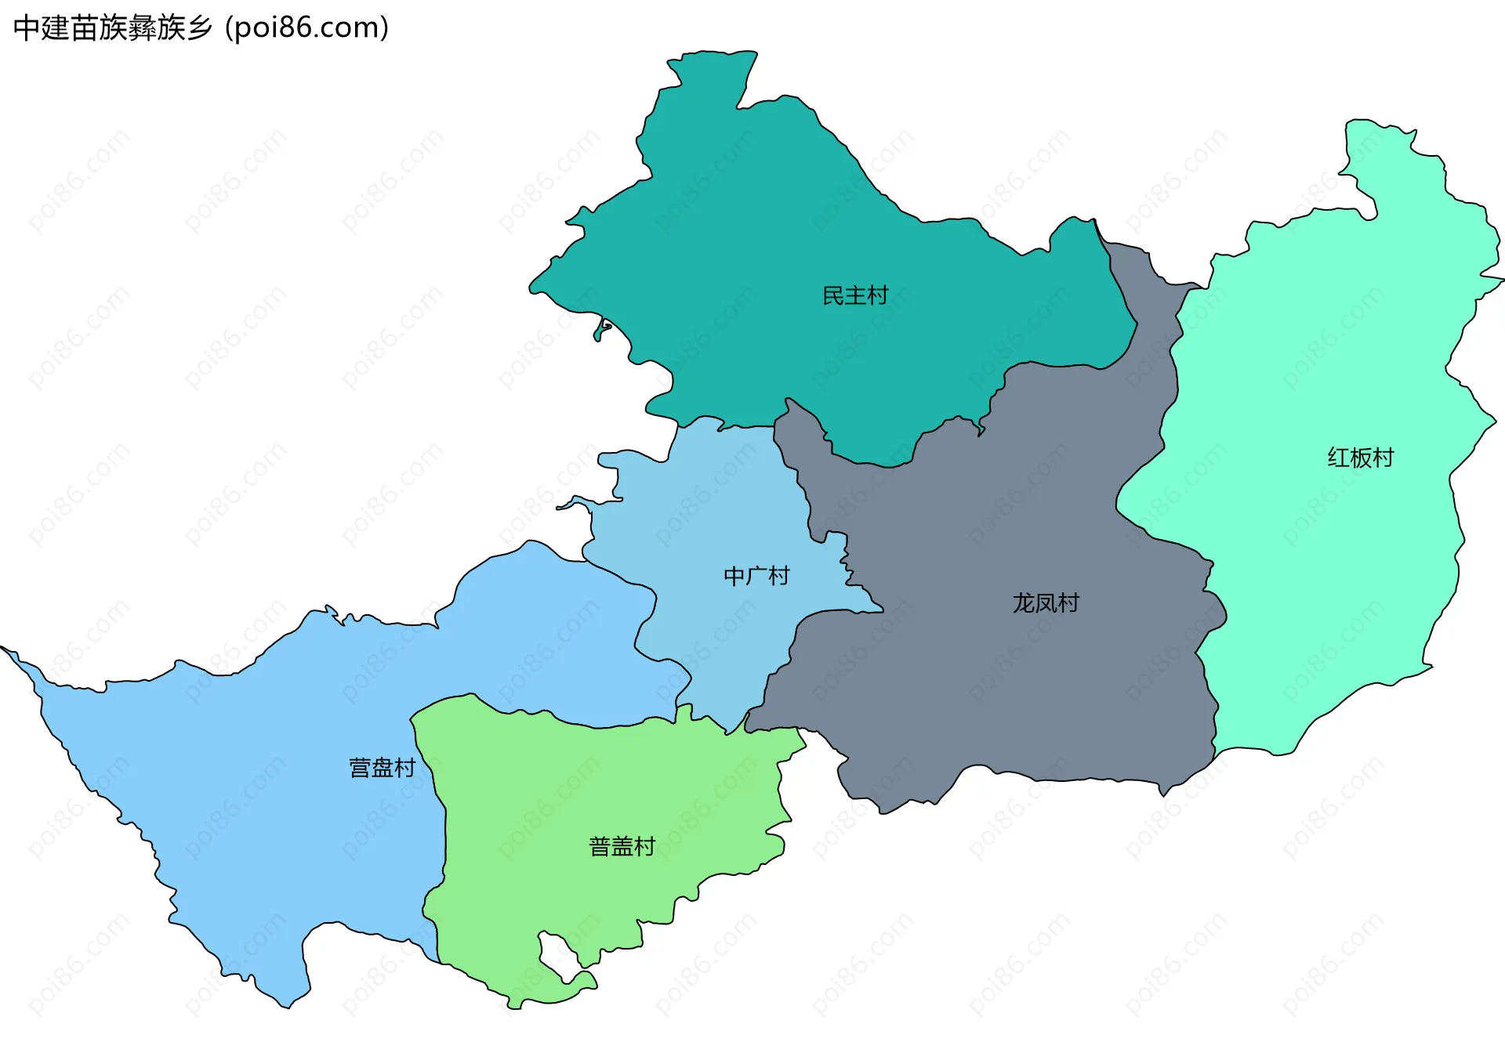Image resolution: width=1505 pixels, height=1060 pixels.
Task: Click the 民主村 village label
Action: (x=855, y=295)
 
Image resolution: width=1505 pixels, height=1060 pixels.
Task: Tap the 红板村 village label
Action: (x=1360, y=458)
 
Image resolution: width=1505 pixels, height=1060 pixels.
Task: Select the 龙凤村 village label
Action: (x=1046, y=602)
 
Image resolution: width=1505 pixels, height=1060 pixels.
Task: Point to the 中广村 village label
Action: (x=756, y=576)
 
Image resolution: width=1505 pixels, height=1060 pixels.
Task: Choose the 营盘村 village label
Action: (x=382, y=767)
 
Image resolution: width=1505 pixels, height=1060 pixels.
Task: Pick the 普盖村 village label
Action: (x=622, y=846)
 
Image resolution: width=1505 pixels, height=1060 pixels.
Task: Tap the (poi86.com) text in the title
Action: (x=306, y=28)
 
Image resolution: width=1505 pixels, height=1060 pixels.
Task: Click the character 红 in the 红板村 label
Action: (x=1338, y=458)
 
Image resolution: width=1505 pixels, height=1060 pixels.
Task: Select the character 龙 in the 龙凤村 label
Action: (x=1024, y=602)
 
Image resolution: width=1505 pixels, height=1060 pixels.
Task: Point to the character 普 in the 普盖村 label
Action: (x=600, y=846)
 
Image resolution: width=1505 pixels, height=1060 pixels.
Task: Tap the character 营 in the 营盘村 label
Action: (x=360, y=767)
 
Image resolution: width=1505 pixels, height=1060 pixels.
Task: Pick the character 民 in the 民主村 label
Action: (x=833, y=295)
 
